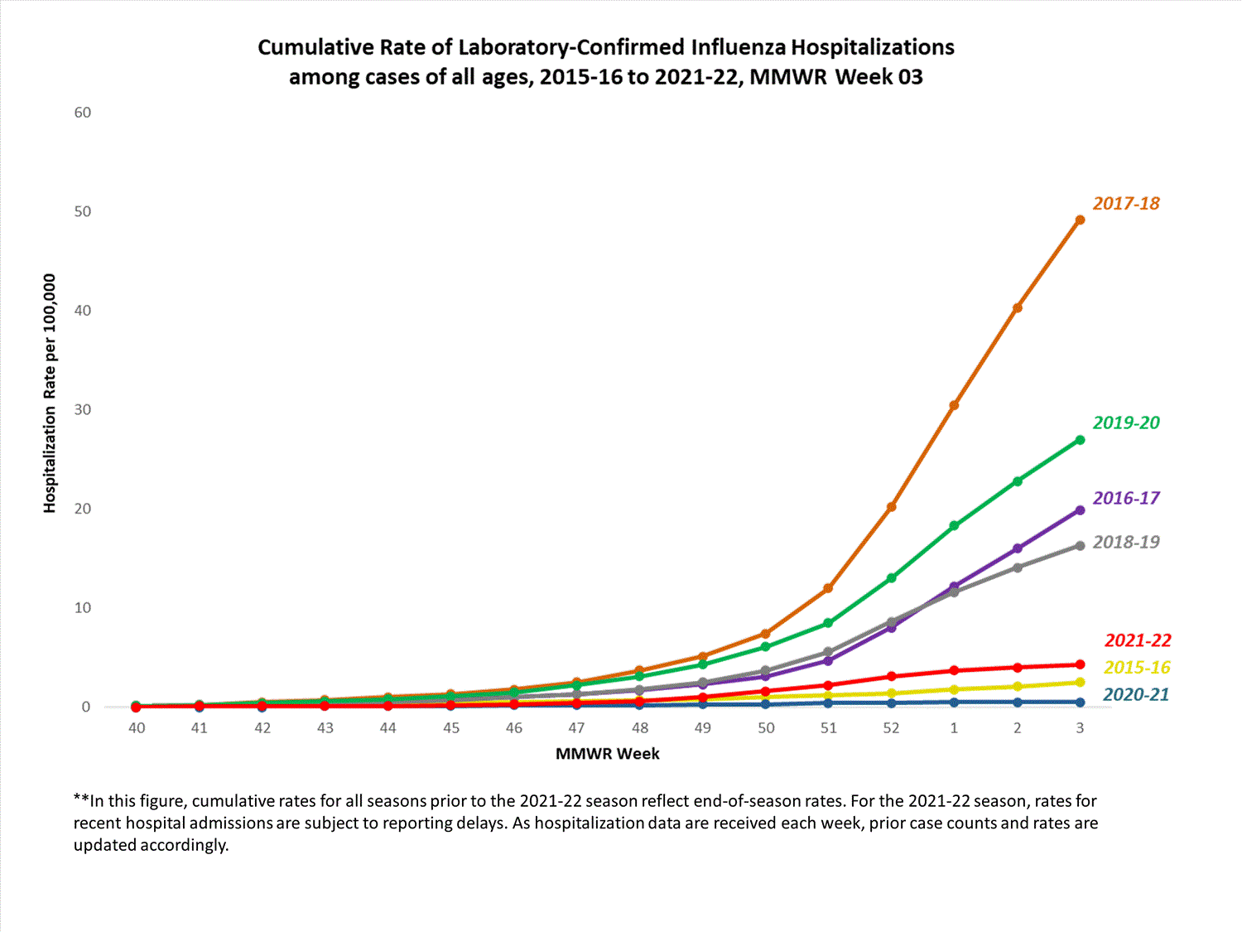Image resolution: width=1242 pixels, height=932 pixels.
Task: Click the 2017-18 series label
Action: click(1126, 204)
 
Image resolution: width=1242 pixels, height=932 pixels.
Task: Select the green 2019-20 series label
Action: click(1126, 423)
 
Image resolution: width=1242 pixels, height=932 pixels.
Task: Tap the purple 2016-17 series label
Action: click(1126, 498)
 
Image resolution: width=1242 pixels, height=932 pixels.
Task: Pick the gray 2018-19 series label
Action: click(1126, 542)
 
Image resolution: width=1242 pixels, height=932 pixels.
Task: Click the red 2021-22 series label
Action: click(1138, 640)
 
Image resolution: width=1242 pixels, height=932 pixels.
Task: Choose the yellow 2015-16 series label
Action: click(1137, 668)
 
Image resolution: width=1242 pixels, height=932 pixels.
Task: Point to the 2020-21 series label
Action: click(1136, 694)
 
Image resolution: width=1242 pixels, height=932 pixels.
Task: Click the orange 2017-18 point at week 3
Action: click(1080, 220)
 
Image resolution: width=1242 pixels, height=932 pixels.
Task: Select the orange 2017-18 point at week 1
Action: click(954, 405)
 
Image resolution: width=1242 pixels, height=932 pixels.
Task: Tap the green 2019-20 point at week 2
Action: click(1017, 481)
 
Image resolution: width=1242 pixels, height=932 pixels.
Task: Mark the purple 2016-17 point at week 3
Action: click(1080, 510)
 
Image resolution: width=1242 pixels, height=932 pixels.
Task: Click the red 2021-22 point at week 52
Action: click(891, 676)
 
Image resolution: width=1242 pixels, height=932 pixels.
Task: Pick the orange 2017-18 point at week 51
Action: click(828, 588)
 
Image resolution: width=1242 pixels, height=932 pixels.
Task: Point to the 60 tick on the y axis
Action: click(83, 113)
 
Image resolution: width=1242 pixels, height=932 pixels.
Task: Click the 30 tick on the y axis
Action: click(83, 409)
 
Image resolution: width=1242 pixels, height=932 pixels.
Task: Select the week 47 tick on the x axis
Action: click(576, 728)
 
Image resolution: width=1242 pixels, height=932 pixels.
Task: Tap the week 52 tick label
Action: click(891, 728)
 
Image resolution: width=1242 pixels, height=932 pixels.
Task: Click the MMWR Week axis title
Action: click(608, 754)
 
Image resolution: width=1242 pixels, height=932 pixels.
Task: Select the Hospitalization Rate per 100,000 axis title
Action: click(50, 394)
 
